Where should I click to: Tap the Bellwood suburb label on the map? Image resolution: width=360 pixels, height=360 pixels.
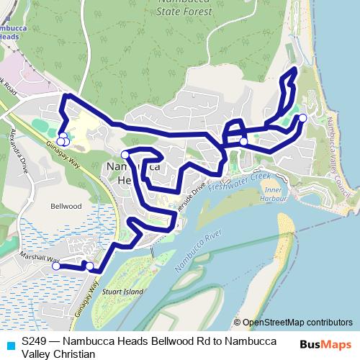point(66,206)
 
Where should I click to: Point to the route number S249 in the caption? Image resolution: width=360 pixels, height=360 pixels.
point(34,339)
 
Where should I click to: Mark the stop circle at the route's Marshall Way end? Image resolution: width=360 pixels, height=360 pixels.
point(56,266)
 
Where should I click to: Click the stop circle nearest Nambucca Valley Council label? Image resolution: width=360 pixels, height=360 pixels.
point(302,118)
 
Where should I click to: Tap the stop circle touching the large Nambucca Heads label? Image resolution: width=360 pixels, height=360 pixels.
point(125,155)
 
